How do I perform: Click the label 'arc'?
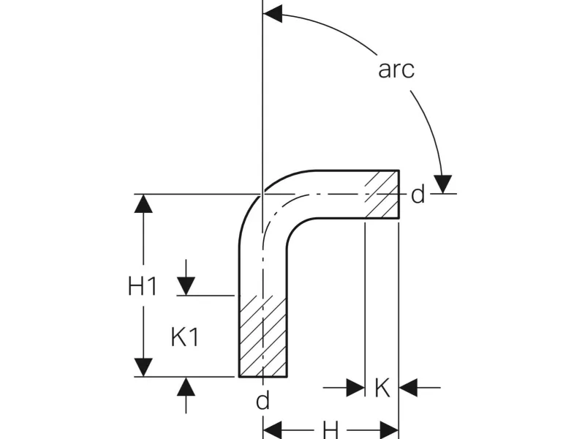(x=396, y=69)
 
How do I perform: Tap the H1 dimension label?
(x=143, y=286)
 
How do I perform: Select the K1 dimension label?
(x=185, y=337)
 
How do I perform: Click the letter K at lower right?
(x=382, y=388)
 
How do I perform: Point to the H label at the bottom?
(x=331, y=430)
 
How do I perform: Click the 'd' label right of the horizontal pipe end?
(x=418, y=195)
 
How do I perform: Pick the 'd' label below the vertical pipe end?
(x=263, y=400)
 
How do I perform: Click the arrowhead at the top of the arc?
(x=272, y=14)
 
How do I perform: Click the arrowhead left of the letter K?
(x=355, y=388)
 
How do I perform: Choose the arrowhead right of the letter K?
(x=408, y=388)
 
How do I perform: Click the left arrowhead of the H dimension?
(x=272, y=429)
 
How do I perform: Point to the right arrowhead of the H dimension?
(x=389, y=429)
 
